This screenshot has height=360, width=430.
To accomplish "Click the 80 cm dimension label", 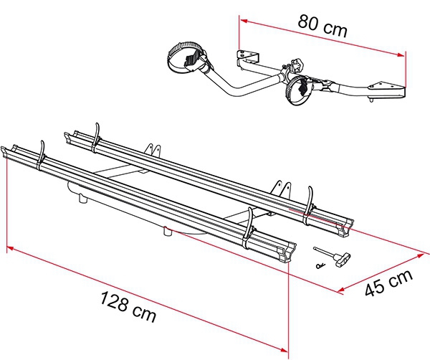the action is click(322, 26).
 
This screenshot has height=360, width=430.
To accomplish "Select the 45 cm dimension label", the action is click(388, 283).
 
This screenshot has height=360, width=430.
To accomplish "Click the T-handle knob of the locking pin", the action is click(343, 259).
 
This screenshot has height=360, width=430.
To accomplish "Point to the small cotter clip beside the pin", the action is click(320, 265).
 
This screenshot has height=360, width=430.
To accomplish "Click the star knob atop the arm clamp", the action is click(298, 65).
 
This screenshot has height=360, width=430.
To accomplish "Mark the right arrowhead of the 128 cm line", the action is click(284, 349).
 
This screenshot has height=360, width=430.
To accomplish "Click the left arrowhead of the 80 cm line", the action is click(244, 21).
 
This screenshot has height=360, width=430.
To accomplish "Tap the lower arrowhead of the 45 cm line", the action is click(342, 290).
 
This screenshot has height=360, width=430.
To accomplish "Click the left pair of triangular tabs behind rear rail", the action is click(153, 151).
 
